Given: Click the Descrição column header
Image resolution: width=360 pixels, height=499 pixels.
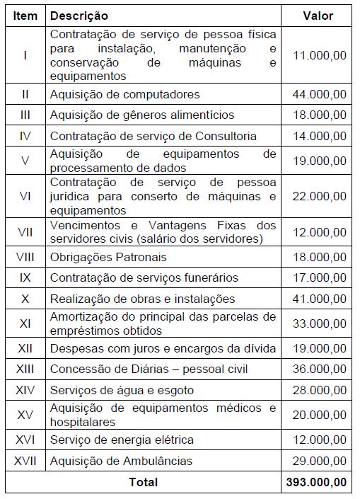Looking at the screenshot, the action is click(x=79, y=15).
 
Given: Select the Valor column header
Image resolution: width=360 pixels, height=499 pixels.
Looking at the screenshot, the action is click(x=318, y=15).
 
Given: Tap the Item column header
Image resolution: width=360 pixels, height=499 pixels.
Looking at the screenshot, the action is click(x=25, y=15).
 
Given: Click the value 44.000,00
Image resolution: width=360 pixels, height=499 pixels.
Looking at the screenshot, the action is click(x=320, y=94).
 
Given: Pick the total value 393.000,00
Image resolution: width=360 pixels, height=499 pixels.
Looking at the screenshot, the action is click(x=316, y=482).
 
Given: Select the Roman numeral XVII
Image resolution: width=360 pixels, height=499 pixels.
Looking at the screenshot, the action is click(x=25, y=461).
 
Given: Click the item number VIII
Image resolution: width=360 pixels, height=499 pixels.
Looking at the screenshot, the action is click(x=25, y=257).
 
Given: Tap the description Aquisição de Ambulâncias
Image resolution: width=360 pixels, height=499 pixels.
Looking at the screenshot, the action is click(x=121, y=461).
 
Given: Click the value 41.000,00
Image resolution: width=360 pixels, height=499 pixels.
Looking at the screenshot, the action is click(x=320, y=299).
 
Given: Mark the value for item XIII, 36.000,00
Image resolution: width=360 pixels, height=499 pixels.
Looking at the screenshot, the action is click(x=320, y=369).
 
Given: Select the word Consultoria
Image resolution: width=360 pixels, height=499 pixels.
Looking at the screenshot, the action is click(x=225, y=136).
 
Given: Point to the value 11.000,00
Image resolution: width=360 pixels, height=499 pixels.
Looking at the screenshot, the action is click(x=320, y=55).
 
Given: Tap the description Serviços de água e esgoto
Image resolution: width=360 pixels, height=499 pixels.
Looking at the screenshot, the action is click(x=122, y=390).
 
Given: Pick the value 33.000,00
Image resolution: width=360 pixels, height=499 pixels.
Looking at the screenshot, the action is click(x=320, y=323).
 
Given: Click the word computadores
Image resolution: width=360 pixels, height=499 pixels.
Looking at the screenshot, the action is click(x=158, y=94).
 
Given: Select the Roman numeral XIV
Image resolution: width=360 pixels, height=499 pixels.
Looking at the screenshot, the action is click(x=25, y=390).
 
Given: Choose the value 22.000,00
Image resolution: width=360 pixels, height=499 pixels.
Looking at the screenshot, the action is click(x=320, y=196).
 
